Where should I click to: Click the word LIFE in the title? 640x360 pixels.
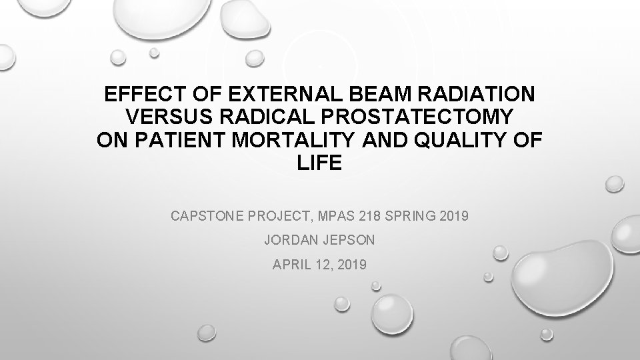[x=321, y=163]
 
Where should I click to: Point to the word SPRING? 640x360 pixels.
[x=415, y=216]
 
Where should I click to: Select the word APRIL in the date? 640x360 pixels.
[x=290, y=265]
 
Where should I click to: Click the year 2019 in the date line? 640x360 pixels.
[x=351, y=265]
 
